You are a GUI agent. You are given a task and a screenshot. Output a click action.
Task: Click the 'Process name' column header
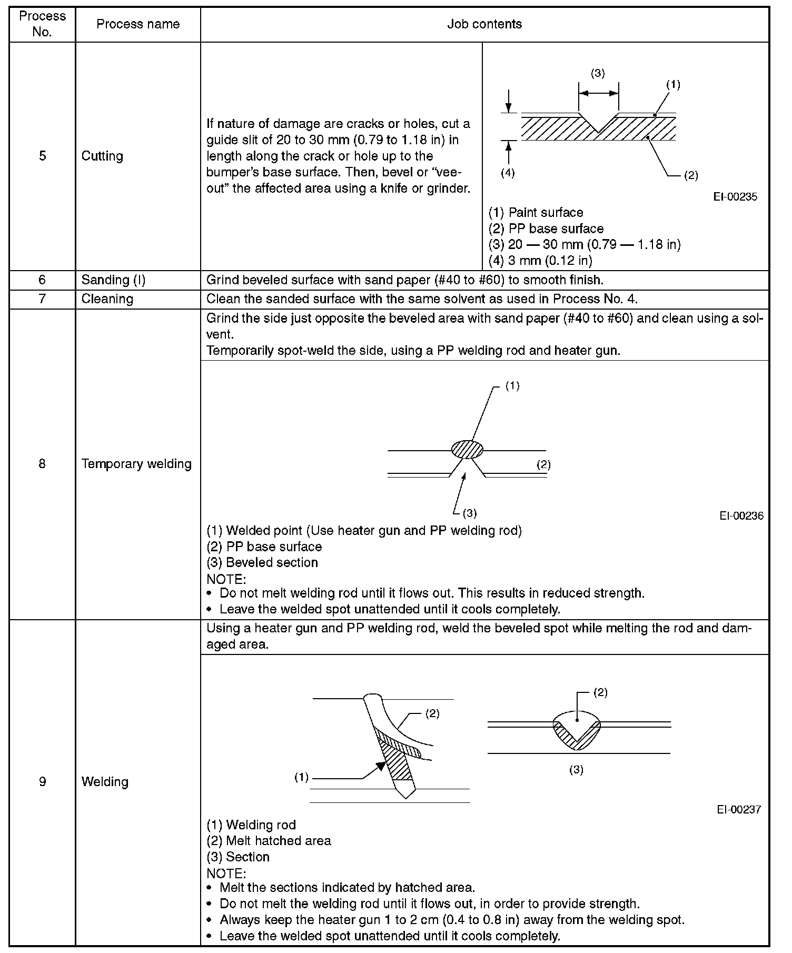tap(138, 24)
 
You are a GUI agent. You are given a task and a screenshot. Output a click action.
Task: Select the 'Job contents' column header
tap(484, 24)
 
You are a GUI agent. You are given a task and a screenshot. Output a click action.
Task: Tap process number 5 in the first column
tap(43, 156)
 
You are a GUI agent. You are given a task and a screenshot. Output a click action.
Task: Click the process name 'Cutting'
tap(102, 156)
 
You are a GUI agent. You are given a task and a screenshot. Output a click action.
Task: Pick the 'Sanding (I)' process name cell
tap(113, 280)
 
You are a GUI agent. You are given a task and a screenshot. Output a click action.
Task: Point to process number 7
tap(43, 299)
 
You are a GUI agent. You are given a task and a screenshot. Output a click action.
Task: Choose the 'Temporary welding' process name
tap(136, 464)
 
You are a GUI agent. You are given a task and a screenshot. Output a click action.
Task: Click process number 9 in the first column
tap(43, 782)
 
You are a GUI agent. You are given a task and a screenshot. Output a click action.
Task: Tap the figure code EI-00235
tap(735, 197)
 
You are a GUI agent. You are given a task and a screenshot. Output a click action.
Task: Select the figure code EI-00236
tap(741, 516)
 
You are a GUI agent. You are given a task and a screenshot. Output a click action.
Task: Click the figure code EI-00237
tap(739, 809)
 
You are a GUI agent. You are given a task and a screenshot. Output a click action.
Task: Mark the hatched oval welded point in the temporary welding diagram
tap(467, 450)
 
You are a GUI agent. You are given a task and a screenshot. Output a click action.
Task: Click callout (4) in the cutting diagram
tap(508, 173)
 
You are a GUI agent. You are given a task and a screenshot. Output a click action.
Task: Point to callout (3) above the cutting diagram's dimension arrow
tap(598, 74)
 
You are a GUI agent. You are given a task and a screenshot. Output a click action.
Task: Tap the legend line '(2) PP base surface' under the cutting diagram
tap(546, 229)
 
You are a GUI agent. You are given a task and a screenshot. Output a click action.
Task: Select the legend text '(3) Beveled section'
tap(262, 562)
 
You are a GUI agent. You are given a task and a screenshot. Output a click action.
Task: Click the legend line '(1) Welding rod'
tap(251, 825)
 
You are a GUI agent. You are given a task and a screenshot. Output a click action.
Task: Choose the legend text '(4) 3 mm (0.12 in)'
tap(540, 260)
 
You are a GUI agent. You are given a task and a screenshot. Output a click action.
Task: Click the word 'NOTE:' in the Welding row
tap(226, 873)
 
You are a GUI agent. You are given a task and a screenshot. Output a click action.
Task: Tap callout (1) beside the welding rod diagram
tap(301, 778)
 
